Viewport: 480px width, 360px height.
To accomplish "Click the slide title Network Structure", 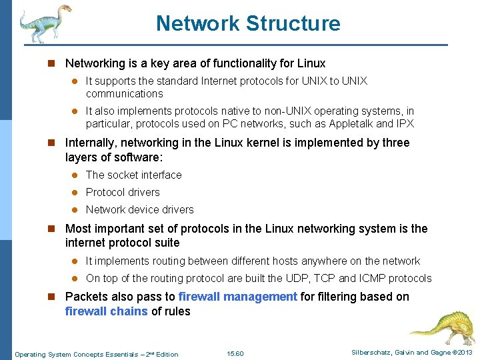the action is coord(248,23).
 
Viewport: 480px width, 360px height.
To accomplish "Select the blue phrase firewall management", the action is coord(238,297).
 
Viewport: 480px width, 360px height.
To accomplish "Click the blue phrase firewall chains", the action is coord(107,311).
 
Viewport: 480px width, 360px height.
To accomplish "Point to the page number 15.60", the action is coord(235,353).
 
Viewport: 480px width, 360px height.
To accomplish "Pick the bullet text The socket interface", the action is coord(133,175).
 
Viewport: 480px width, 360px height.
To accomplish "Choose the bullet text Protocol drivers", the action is coord(123,192).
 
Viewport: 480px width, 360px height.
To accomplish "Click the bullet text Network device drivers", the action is coord(139,209).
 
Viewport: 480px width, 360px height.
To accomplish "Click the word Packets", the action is coord(87,297).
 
